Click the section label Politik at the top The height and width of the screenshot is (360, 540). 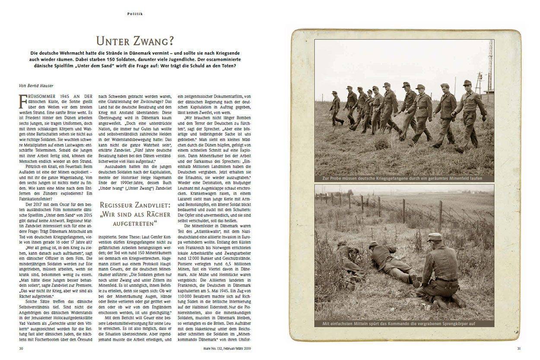point(135,14)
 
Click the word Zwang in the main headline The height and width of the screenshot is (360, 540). point(153,41)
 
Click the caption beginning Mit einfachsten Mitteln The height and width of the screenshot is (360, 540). point(404,323)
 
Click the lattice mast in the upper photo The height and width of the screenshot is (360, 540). point(490,65)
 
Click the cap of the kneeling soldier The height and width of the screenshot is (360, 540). point(434,236)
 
